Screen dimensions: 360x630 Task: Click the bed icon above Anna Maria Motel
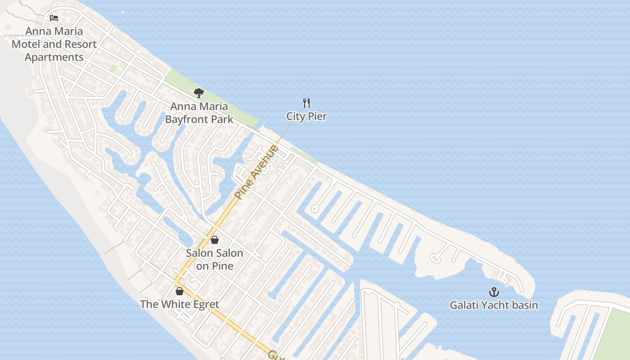pyautogui.click(x=54, y=18)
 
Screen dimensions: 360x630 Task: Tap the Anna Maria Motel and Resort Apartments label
pyautogui.click(x=54, y=44)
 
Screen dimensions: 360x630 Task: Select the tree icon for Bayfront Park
pyautogui.click(x=198, y=93)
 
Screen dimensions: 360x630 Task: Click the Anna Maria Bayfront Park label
pyautogui.click(x=199, y=113)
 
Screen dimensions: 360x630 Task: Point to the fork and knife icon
pyautogui.click(x=306, y=103)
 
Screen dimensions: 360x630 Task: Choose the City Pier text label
pyautogui.click(x=306, y=116)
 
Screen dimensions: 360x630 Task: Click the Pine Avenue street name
pyautogui.click(x=257, y=172)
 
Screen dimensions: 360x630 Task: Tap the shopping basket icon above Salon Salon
pyautogui.click(x=215, y=240)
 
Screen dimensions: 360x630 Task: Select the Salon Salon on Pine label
pyautogui.click(x=215, y=259)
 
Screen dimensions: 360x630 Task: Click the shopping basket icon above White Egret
pyautogui.click(x=180, y=291)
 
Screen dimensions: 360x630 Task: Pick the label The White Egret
pyautogui.click(x=180, y=304)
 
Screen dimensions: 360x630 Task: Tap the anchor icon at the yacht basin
pyautogui.click(x=494, y=292)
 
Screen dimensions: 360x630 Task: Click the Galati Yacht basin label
pyautogui.click(x=494, y=305)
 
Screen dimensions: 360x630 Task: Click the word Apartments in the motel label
pyautogui.click(x=54, y=58)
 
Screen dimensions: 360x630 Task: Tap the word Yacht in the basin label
pyautogui.click(x=494, y=305)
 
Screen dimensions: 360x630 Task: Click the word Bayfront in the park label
pyautogui.click(x=199, y=119)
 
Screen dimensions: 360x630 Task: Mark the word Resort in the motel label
pyautogui.click(x=80, y=44)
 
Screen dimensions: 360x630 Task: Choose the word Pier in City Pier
pyautogui.click(x=318, y=116)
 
